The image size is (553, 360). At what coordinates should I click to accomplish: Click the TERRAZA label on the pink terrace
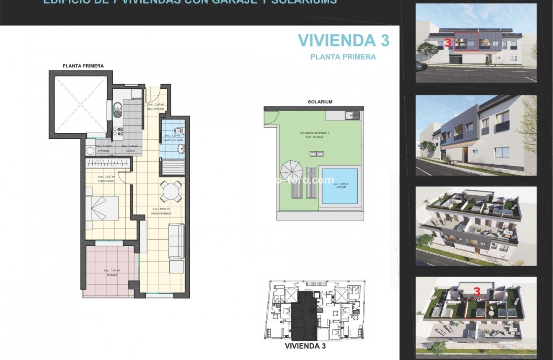coord(112,275)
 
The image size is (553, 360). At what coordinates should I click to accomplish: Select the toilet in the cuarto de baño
coord(179,130)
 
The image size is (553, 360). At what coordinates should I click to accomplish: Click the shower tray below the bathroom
coord(173,168)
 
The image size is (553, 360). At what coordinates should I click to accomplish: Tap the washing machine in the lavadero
coord(90,151)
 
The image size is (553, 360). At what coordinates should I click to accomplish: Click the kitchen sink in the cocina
coord(118,110)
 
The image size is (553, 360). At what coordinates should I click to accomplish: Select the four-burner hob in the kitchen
coord(117,131)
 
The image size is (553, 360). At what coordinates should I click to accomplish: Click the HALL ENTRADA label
coord(155,109)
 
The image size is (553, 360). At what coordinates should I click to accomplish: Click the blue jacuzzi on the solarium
coord(339,186)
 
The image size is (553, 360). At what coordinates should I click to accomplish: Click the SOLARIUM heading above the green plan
coord(320,102)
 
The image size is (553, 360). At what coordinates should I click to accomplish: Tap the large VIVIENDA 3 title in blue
coord(343,40)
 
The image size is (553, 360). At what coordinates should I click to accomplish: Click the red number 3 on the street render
coord(447,43)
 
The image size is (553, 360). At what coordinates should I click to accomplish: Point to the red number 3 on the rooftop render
coord(476,290)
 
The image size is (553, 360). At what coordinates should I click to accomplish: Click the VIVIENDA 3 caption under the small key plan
coord(305,346)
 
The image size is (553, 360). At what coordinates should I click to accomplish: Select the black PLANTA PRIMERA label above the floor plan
coord(83,66)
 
